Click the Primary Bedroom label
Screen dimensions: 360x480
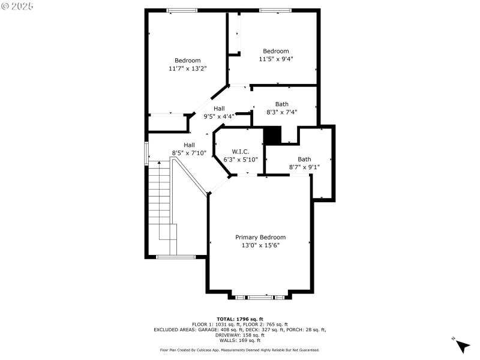coord(260,237)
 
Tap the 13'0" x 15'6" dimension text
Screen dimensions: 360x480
coord(260,245)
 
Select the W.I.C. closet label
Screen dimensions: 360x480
coord(240,152)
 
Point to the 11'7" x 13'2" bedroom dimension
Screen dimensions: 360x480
coord(187,68)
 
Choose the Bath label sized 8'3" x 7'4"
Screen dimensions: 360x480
coord(281,104)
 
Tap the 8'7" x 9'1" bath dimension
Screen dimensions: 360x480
coord(304,167)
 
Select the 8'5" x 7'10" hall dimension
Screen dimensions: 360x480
coord(189,153)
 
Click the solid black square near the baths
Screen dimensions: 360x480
coord(272,135)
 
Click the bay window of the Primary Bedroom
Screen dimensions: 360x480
coord(260,296)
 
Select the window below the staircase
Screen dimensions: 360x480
coord(176,257)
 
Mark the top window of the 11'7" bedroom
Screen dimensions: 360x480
coord(182,10)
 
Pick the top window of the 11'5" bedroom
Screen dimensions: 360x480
coord(275,10)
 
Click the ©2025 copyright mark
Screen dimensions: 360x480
coord(17,6)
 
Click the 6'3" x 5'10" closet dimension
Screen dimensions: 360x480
coord(240,160)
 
